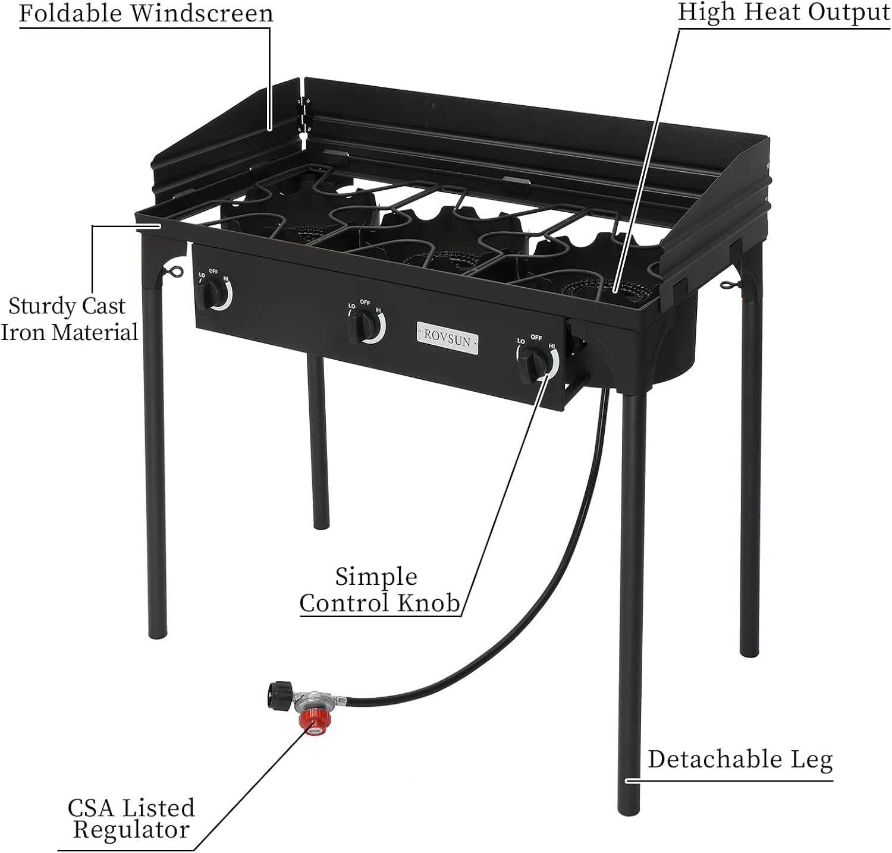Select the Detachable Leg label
740,760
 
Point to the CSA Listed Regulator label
131,819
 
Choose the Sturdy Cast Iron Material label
69,319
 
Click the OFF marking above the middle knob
365,303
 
